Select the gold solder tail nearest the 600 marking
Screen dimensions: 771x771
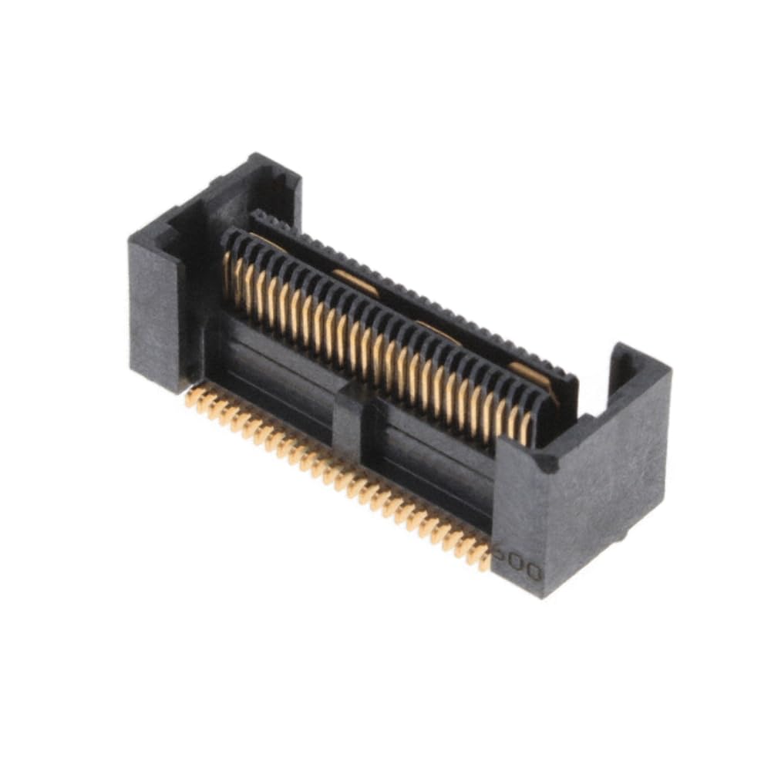click(482, 557)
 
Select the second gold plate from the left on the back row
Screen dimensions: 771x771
click(355, 283)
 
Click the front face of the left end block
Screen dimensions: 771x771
click(154, 316)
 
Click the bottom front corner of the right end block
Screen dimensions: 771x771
click(544, 594)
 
